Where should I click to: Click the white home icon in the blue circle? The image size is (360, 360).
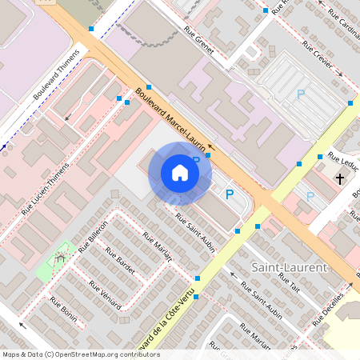pyautogui.click(x=179, y=173)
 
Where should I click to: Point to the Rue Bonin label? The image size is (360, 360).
pyautogui.click(x=64, y=310)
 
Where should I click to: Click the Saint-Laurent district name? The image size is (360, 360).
pyautogui.click(x=289, y=266)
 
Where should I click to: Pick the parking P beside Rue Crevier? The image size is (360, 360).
pyautogui.click(x=301, y=94)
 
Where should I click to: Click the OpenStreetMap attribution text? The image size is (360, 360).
pyautogui.click(x=80, y=354)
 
